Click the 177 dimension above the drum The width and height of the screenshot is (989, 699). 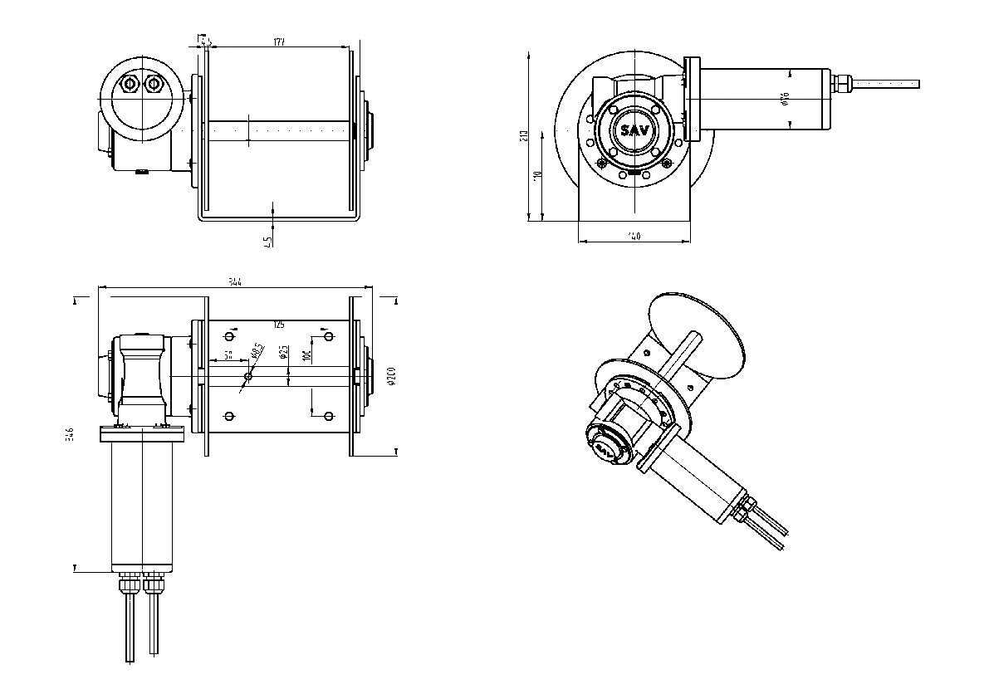[279, 42]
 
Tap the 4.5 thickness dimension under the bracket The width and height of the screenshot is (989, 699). [267, 242]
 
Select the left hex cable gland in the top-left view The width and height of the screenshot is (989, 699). [129, 84]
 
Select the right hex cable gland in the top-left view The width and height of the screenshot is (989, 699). [153, 84]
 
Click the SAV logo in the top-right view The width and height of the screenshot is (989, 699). [634, 130]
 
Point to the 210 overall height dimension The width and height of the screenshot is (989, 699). [524, 136]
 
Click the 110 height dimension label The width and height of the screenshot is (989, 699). [537, 176]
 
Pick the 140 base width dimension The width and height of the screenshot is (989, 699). [634, 237]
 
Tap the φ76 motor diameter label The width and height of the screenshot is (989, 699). [785, 100]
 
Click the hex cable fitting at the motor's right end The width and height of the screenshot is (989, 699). [842, 83]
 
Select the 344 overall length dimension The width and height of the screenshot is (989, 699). [235, 283]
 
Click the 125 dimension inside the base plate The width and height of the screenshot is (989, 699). [278, 325]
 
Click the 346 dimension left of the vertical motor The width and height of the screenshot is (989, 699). [70, 434]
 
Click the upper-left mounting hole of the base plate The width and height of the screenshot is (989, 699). [230, 337]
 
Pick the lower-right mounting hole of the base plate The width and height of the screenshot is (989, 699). [328, 415]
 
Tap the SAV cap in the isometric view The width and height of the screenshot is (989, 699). [605, 448]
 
